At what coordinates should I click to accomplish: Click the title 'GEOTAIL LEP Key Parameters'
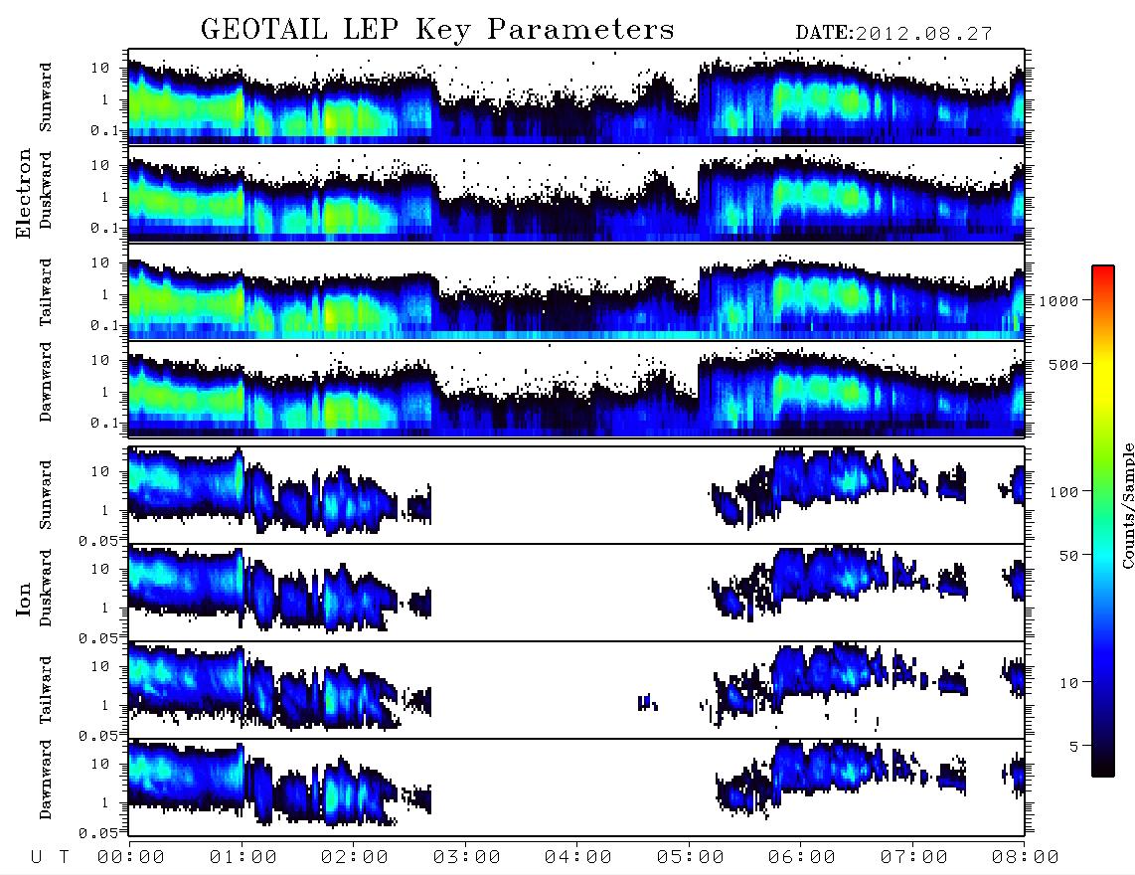coord(437,30)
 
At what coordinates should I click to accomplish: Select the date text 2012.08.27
coord(923,34)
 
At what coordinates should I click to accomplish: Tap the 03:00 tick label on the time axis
coord(466,858)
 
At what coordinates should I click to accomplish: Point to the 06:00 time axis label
coord(801,858)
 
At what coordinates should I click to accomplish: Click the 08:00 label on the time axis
coord(1025,858)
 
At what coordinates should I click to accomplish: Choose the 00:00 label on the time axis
coord(131,858)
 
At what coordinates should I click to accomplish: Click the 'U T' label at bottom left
coord(50,858)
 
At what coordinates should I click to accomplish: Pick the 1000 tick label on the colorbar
coord(1058,300)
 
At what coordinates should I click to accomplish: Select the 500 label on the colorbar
coord(1063,364)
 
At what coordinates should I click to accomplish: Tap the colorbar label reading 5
coord(1074,746)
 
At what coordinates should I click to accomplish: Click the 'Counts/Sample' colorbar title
coord(1127,505)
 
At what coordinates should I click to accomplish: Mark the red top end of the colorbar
coord(1103,268)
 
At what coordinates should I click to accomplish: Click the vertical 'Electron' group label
coord(24,193)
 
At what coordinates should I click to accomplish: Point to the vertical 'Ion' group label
coord(24,599)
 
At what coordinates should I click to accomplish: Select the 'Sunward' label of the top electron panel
coord(46,97)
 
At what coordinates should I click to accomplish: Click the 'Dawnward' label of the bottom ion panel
coord(46,779)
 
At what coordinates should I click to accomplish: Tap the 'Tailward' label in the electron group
coord(46,292)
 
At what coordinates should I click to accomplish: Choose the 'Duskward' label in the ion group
coord(46,588)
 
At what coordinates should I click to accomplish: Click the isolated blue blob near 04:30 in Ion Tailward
coord(647,702)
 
